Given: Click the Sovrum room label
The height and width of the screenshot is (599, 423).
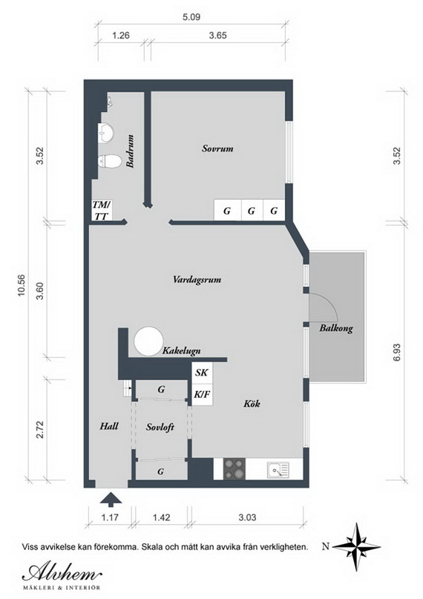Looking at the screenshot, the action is click(217, 148).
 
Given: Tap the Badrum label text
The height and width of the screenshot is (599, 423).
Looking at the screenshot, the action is click(130, 151).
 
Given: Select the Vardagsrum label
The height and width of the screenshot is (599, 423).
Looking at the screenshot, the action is click(197, 279).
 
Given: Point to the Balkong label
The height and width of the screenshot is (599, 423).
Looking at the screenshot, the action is click(336, 328).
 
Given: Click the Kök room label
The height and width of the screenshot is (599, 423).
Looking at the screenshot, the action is click(252, 403).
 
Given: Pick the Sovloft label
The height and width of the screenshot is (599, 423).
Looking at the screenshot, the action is click(160, 427).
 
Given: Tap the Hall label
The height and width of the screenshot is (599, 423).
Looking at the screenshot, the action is click(109, 425).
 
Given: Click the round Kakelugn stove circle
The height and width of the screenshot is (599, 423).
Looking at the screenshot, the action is click(148, 341).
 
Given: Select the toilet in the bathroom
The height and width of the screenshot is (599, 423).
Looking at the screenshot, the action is click(108, 162).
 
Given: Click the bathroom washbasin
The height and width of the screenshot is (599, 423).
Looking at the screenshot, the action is click(105, 133).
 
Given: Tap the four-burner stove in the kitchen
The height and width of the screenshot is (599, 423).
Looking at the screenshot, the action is click(234, 468).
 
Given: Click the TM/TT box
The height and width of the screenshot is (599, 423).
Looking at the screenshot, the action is click(102, 210).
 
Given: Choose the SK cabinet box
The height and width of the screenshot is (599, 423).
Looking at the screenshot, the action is click(202, 373).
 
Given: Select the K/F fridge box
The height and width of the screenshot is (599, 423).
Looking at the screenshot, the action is click(202, 394).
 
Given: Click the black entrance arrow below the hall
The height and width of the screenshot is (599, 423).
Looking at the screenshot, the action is click(111, 500).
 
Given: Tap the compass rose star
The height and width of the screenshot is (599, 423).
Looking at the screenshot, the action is click(355, 546).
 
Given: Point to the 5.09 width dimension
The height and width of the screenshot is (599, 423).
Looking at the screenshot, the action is click(191, 17).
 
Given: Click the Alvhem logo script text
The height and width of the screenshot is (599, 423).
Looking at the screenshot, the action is click(62, 572).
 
